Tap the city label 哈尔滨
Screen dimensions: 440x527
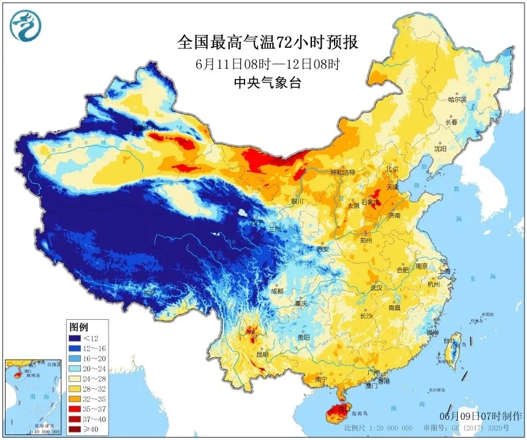tap(457, 99)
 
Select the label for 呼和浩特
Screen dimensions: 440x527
tap(343, 172)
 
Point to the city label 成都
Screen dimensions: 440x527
tap(277, 290)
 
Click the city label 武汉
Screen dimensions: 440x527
tap(376, 287)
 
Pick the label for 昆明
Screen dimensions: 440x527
tap(262, 354)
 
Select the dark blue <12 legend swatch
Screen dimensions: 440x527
tap(75, 338)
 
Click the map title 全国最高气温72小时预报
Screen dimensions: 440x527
tap(267, 42)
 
